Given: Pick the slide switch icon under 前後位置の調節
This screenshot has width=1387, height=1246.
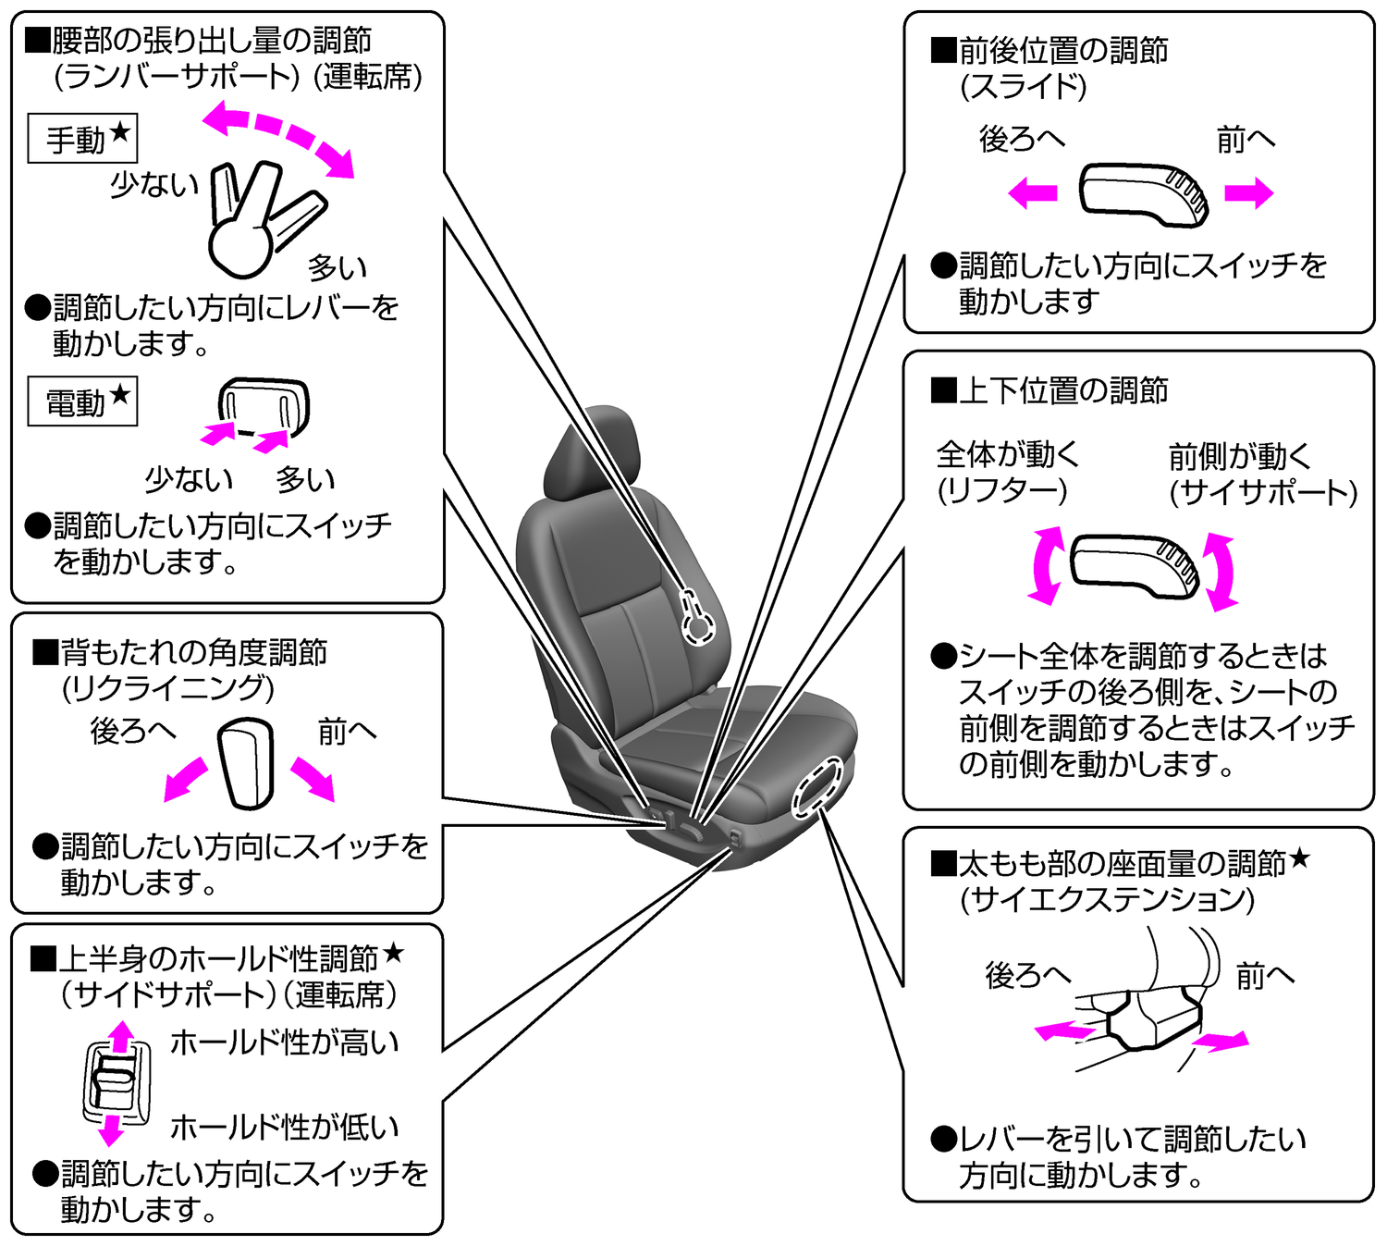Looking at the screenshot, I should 1145,194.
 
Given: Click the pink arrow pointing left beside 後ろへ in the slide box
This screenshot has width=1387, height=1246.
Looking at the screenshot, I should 1033,193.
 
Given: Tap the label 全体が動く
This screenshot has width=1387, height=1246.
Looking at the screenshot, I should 1008,454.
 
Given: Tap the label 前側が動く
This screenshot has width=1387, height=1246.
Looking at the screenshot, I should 1240,456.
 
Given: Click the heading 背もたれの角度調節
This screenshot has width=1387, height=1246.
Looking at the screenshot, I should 194,652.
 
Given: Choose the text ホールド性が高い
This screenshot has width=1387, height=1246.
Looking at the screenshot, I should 284,1042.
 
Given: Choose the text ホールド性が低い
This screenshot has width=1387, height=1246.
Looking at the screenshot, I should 284,1127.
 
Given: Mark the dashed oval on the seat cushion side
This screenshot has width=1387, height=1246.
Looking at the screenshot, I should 818,787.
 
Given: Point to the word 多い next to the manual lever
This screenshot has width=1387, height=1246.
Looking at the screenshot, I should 338,267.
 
